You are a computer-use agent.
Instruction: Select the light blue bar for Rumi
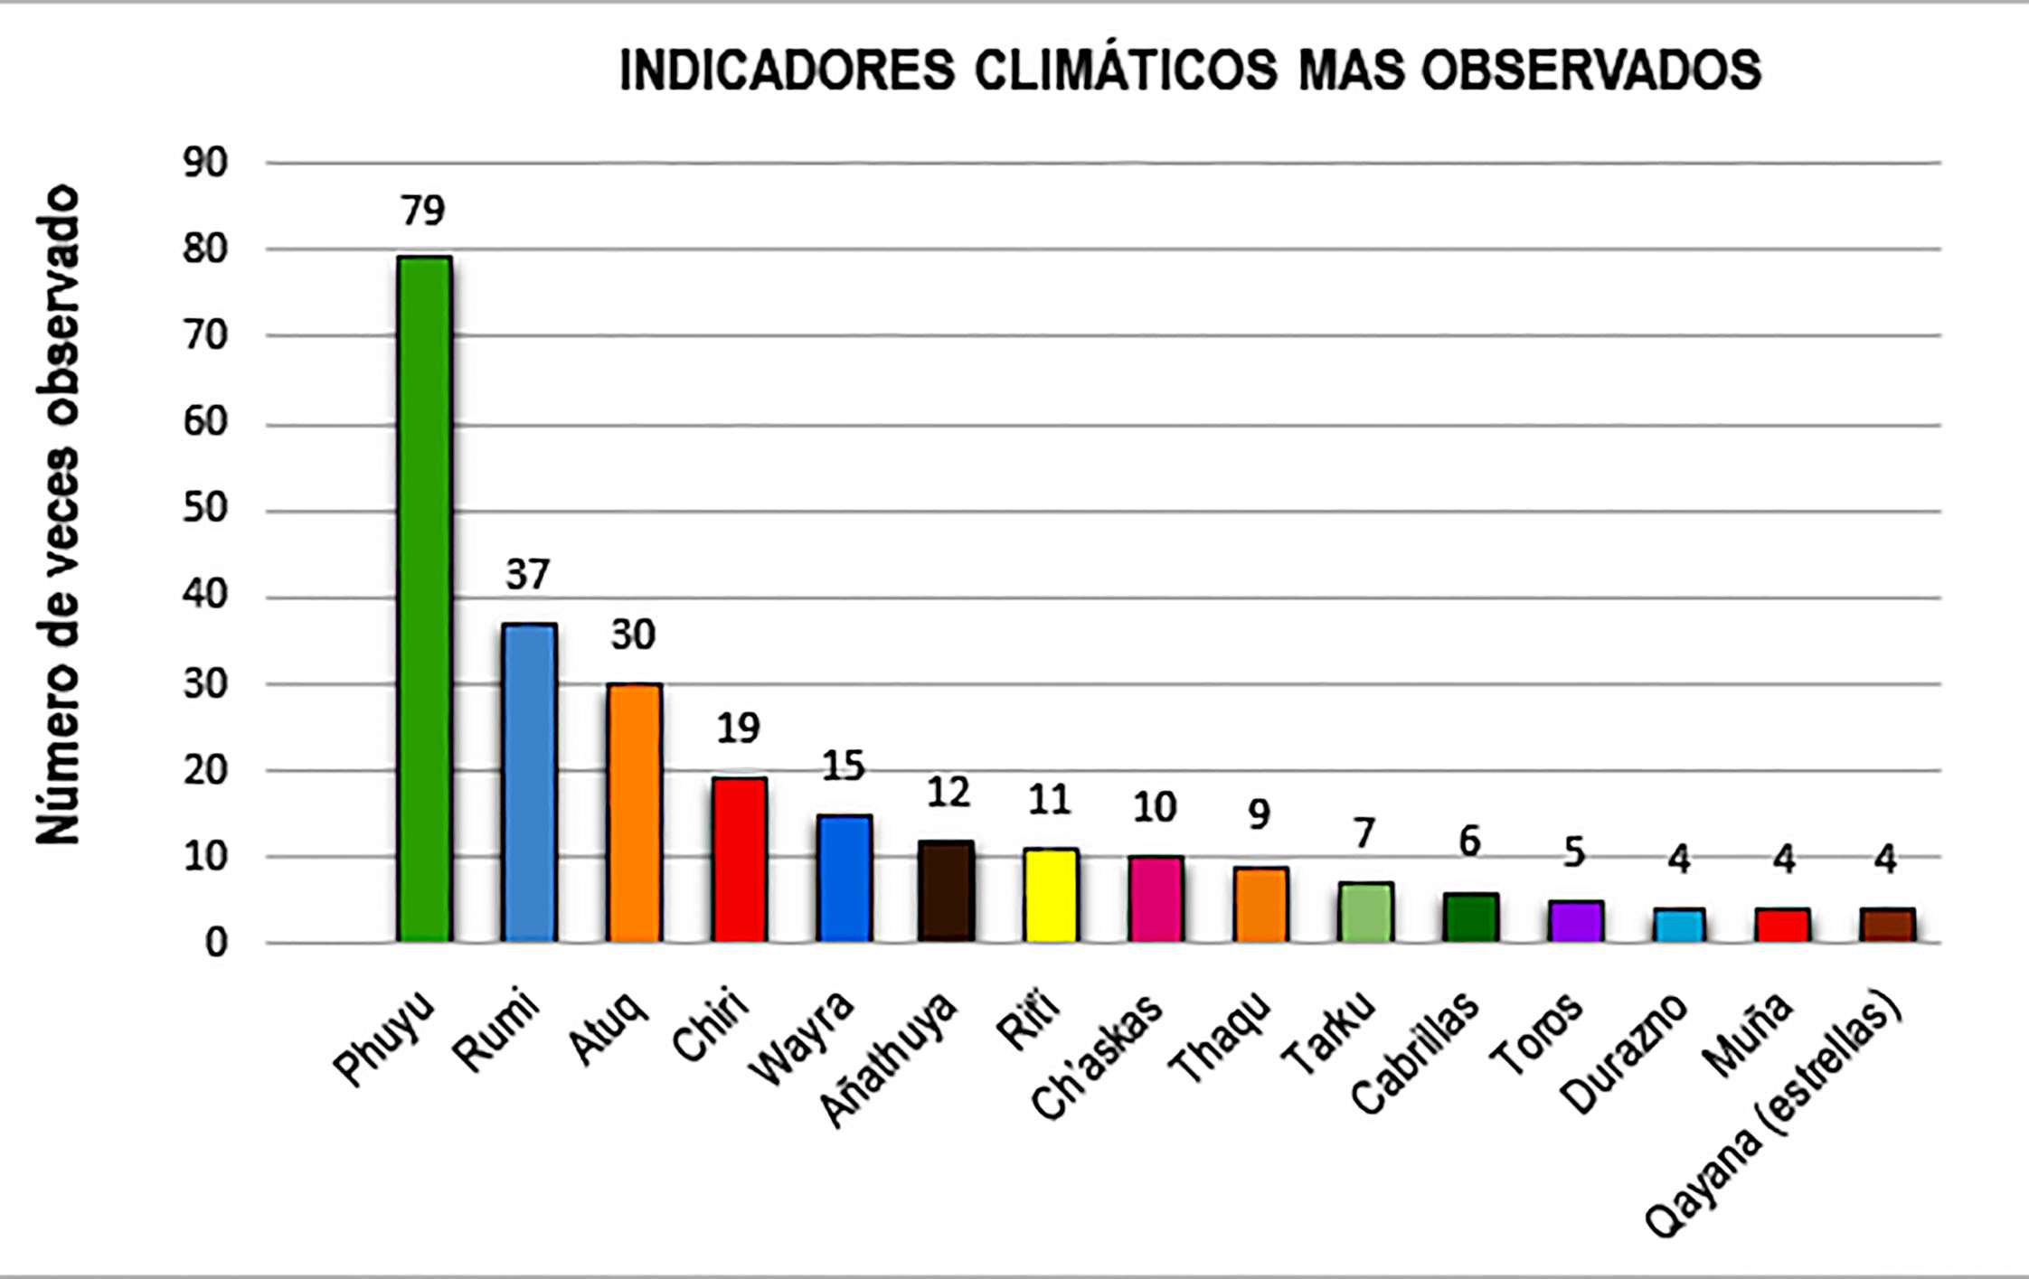click(529, 783)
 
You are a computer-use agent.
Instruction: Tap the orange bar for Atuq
click(634, 813)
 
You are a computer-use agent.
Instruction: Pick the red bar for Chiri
click(739, 860)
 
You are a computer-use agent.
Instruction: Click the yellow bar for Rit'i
click(1051, 895)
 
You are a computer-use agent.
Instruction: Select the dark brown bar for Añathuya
click(947, 891)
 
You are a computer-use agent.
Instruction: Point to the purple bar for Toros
click(1575, 921)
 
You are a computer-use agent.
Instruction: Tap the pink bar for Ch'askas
click(1156, 898)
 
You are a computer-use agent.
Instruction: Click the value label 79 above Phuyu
click(423, 211)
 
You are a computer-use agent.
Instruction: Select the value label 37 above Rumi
click(528, 575)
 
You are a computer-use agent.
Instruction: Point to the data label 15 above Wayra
click(844, 766)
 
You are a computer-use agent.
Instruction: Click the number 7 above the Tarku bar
click(1364, 833)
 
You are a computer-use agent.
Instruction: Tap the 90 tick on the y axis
click(205, 164)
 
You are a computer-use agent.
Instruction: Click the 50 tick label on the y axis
click(205, 509)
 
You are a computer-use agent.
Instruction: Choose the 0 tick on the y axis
click(216, 944)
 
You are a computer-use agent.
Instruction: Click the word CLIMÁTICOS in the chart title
click(1126, 70)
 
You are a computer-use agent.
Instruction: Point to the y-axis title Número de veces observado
click(58, 515)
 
